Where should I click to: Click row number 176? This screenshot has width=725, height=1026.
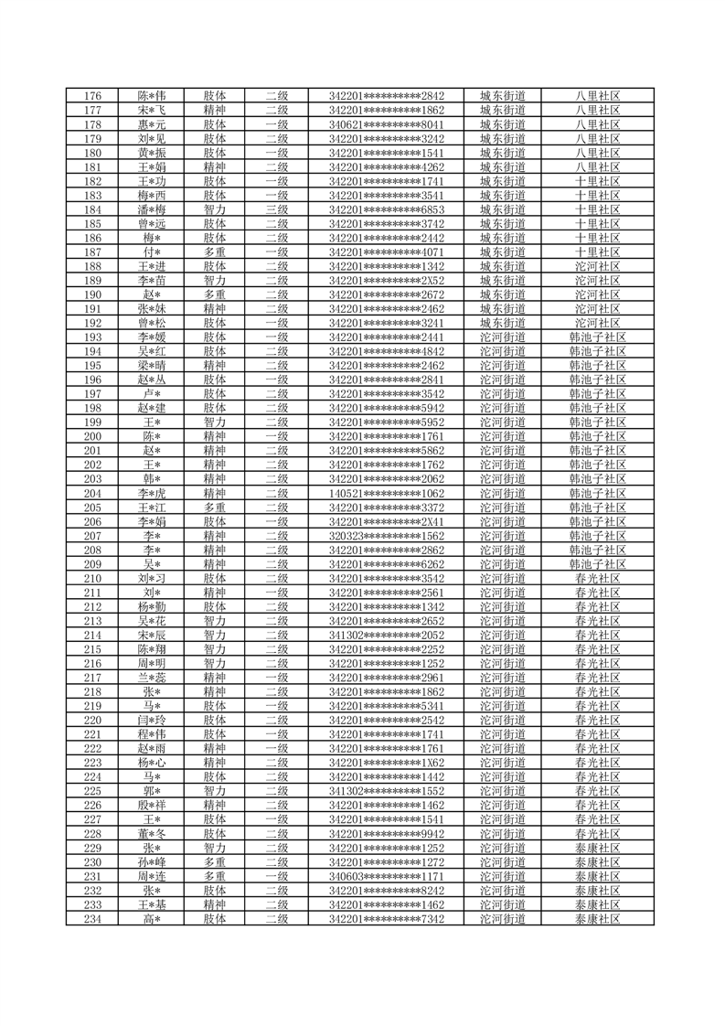92,96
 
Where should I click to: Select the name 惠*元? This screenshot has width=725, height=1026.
152,124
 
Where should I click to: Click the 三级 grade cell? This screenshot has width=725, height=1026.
276,209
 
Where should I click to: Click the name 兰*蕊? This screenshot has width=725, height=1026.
152,678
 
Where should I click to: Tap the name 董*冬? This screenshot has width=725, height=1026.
152,833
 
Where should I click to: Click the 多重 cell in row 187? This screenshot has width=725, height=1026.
215,251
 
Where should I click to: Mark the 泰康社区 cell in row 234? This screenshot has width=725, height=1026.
598,918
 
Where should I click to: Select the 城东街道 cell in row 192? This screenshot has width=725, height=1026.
503,323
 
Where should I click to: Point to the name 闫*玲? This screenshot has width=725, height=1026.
152,720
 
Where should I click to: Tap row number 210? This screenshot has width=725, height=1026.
92,578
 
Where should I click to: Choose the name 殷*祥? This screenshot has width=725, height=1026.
152,805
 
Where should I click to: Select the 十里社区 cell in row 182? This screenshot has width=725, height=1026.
598,181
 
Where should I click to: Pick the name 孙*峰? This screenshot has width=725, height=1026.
152,861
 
